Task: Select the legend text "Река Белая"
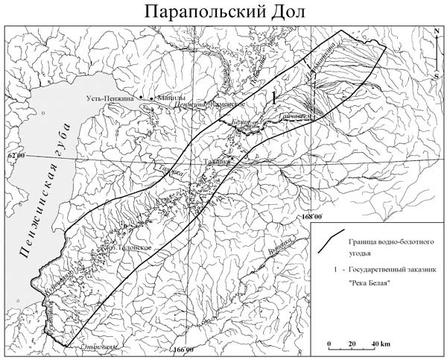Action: pos(367,282)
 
